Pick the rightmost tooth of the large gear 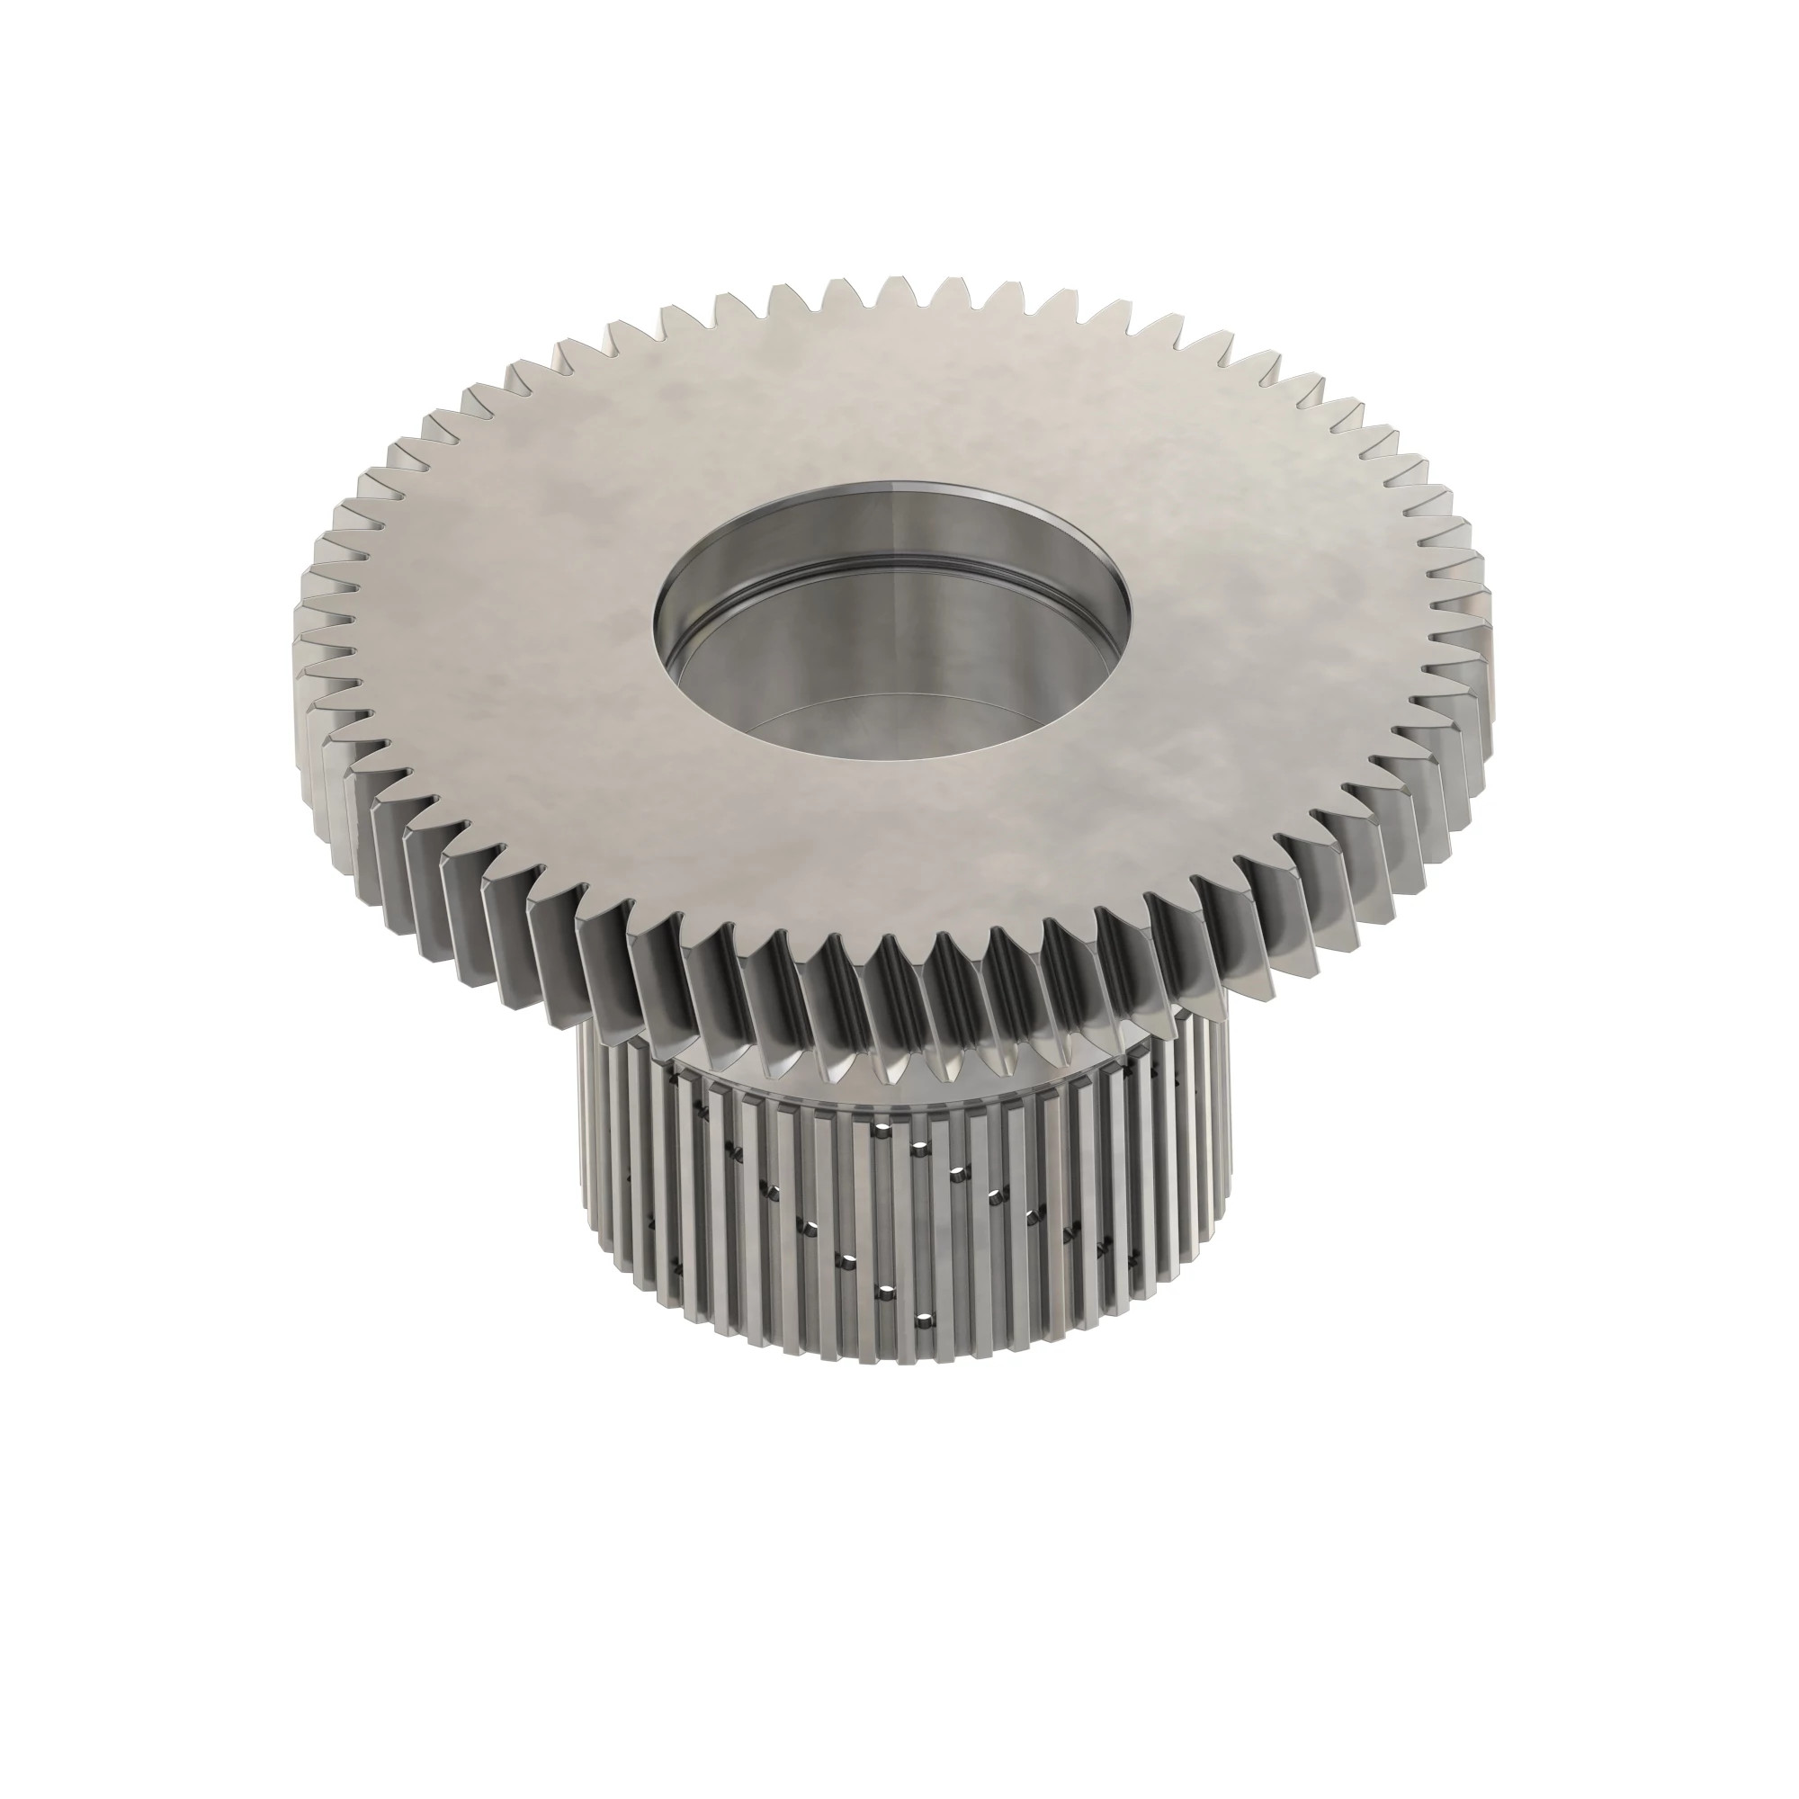point(1488,642)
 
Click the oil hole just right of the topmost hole point(919,1144)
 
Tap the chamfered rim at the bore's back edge point(894,486)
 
